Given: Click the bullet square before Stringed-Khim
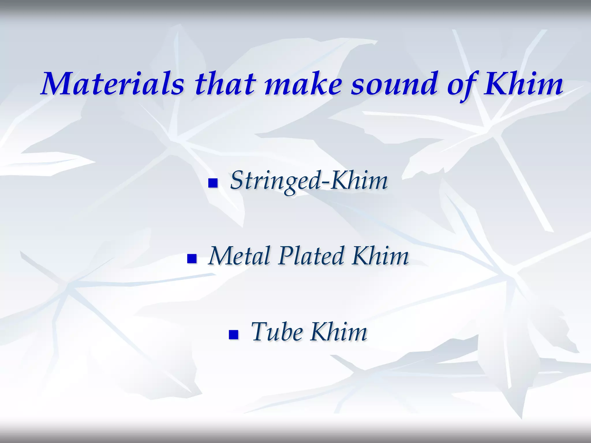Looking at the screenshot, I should coord(213,183).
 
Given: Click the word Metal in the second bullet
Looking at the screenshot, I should coord(239,256).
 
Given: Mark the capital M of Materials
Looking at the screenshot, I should coord(57,84).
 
